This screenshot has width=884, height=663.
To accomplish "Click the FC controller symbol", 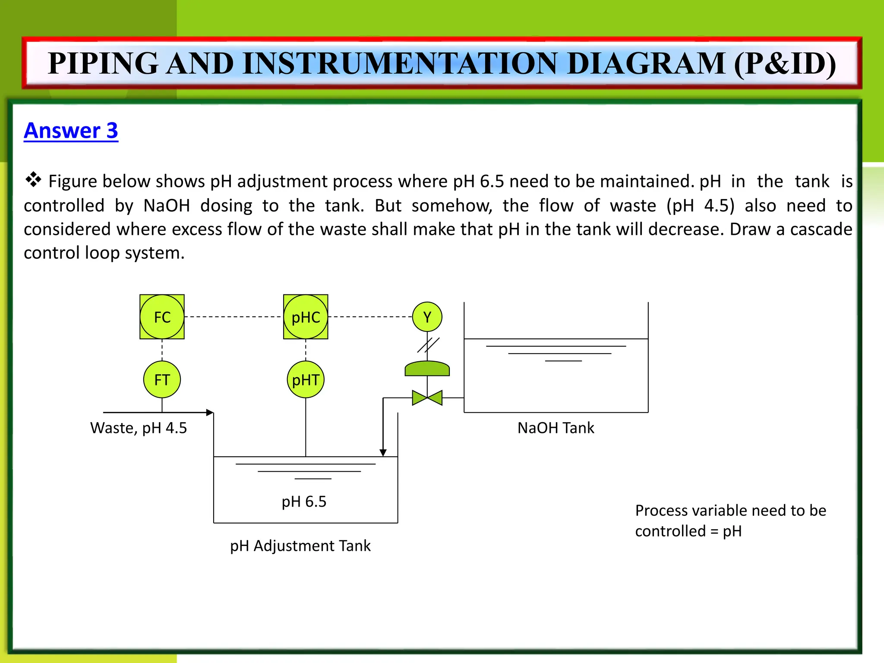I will (162, 317).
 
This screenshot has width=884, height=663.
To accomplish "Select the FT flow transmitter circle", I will (162, 379).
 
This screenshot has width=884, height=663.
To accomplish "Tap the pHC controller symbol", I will (306, 317).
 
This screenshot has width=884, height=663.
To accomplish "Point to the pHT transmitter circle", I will (306, 379).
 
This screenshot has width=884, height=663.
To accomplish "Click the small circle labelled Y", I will (427, 317).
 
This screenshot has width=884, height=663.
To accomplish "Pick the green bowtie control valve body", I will (427, 398).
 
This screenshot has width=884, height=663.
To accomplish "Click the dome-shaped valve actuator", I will (427, 369).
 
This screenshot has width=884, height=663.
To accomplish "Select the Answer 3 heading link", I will (71, 130).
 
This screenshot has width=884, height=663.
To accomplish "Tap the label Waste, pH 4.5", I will (138, 428).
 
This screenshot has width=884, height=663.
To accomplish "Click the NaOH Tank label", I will (556, 428).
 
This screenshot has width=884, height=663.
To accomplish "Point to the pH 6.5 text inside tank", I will (304, 502).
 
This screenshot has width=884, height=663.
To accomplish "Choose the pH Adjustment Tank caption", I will (300, 546).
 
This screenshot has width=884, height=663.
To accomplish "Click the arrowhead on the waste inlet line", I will (210, 413).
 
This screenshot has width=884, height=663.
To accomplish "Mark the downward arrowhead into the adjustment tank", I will (383, 452).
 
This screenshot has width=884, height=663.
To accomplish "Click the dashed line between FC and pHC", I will (233, 317).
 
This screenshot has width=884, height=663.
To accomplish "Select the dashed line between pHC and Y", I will (370, 317).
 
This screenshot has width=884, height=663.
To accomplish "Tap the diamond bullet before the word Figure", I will (33, 179).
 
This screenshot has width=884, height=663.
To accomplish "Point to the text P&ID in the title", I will (785, 63).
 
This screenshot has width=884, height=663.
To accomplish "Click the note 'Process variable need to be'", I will (730, 511).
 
